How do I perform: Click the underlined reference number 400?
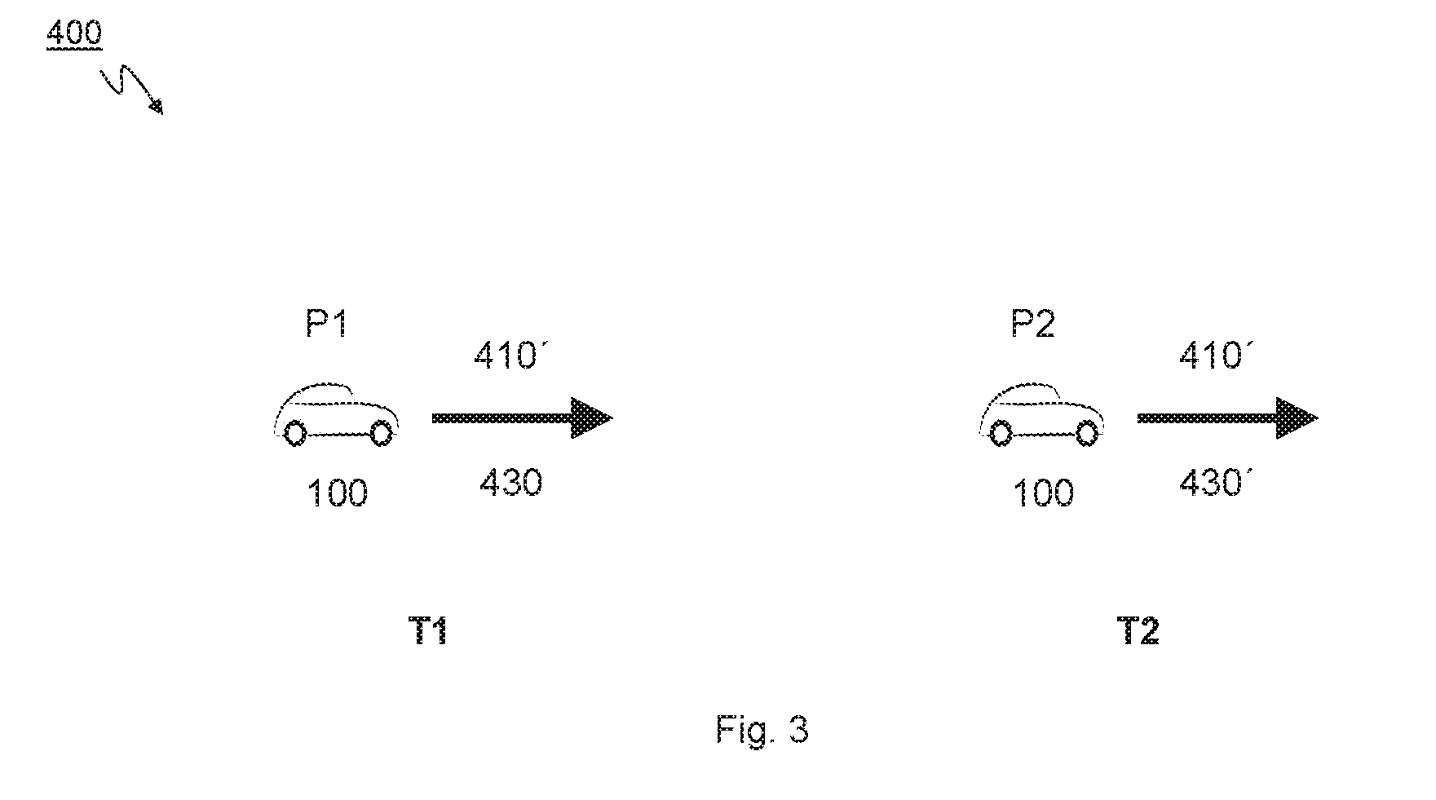(x=74, y=33)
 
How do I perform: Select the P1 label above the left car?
(x=327, y=325)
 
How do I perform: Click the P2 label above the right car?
(x=1033, y=325)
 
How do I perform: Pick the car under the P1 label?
(x=337, y=414)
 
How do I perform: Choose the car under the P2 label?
(x=1042, y=414)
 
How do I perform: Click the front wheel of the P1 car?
(x=381, y=433)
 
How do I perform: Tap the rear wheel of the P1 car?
(x=296, y=433)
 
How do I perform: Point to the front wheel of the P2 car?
(x=1086, y=433)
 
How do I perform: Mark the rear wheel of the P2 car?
(x=1001, y=433)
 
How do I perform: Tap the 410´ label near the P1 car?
(x=506, y=356)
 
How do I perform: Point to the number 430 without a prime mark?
(x=510, y=483)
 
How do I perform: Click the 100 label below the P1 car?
(x=337, y=493)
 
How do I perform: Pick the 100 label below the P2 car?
(x=1043, y=493)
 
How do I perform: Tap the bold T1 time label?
(x=428, y=631)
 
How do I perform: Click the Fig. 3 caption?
(x=762, y=728)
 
